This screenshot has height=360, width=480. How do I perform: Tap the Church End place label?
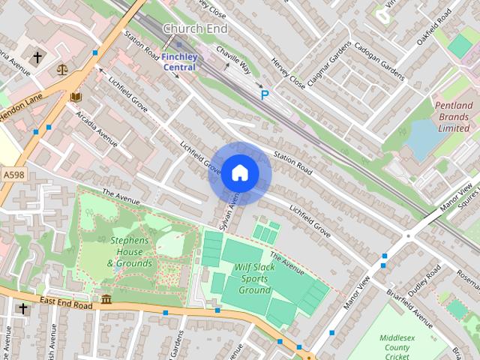[195, 28]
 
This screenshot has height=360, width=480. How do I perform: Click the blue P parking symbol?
[264, 94]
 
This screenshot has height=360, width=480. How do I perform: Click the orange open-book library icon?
[75, 97]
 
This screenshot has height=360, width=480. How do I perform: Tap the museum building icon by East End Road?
[106, 300]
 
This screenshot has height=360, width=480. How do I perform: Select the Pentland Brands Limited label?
[454, 116]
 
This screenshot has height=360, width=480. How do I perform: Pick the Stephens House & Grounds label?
[130, 252]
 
